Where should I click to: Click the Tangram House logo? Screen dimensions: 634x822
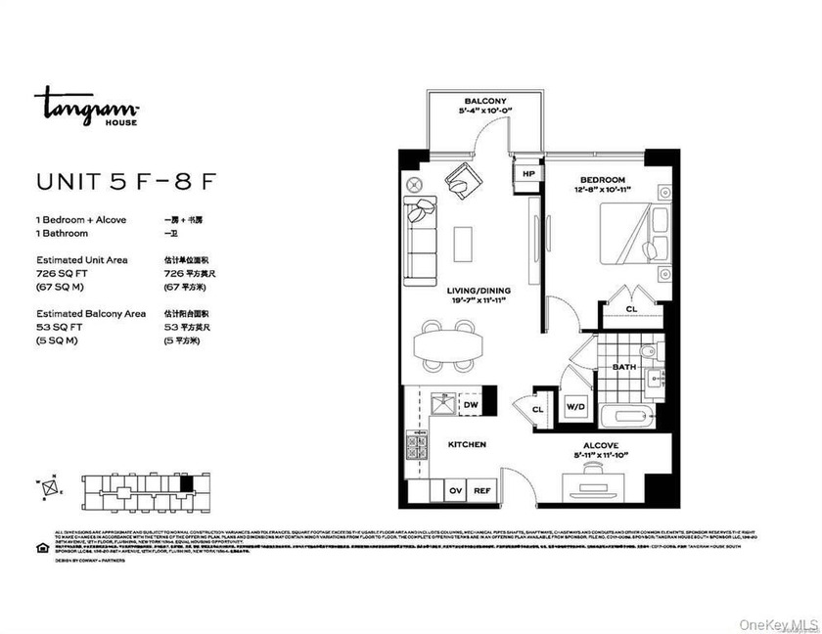87,106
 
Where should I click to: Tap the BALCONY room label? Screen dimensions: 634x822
484,101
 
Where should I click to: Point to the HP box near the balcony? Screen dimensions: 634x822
528,174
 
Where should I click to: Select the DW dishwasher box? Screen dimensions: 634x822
471,403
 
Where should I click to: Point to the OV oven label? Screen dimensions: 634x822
455,491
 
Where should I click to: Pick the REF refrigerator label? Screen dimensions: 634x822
481,491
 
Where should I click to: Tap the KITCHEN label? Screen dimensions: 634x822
467,444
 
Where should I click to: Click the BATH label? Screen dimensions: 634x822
623,367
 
